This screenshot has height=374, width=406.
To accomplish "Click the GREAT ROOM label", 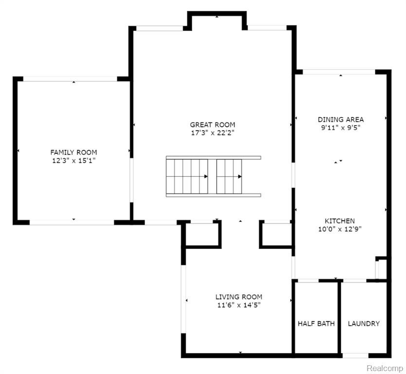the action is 213,125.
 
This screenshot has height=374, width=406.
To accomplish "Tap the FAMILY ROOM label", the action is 74,152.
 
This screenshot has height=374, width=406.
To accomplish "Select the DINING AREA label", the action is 341,119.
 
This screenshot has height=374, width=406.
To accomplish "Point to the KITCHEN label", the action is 340,221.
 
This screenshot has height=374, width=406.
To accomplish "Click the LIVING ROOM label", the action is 239,297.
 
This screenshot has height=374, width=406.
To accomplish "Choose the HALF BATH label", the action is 316,323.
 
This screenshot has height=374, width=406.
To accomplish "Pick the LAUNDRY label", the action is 364,323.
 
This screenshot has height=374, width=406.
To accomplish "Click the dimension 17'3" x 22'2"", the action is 213,133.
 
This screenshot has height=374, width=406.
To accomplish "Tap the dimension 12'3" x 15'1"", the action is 74,161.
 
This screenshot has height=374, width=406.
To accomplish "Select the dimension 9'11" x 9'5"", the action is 341,128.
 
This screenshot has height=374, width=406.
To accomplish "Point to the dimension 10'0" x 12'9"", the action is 340,229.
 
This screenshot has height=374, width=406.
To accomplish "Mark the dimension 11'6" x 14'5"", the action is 239,305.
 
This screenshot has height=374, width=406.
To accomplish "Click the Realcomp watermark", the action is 385,368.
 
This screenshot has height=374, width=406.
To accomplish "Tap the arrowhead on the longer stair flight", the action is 206,177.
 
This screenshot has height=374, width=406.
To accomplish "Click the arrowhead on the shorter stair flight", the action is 240,177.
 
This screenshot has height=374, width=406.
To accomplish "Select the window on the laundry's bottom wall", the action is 355,355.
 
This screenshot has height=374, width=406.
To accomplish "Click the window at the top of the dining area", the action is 339,72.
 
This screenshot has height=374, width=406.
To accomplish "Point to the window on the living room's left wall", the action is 184,299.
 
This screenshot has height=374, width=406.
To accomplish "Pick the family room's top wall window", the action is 70,79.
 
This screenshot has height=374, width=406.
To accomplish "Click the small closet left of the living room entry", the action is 202,234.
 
